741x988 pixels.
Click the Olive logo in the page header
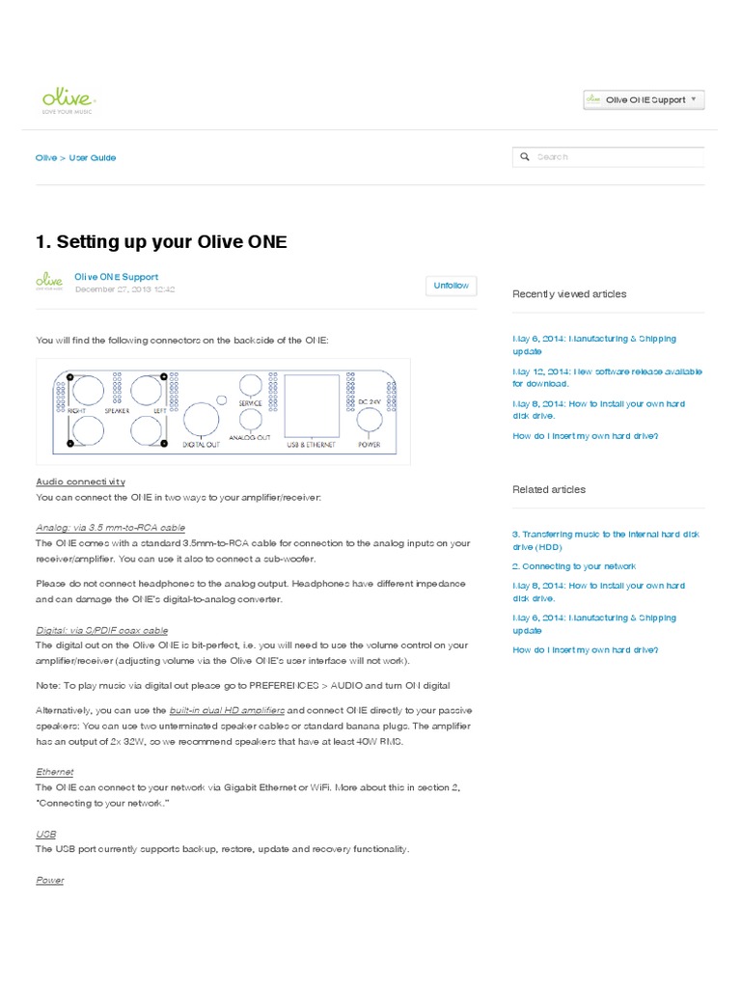67,100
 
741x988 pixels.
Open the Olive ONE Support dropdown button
644,100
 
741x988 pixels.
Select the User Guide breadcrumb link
93,157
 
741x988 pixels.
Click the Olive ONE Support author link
116,277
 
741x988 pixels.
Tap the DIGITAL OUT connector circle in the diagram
201,420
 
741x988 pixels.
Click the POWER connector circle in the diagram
370,421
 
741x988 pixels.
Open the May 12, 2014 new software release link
607,377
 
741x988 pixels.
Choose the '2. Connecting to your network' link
573,566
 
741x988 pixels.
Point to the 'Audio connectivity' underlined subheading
80,481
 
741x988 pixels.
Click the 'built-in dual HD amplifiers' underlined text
227,709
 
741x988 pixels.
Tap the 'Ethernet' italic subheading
54,772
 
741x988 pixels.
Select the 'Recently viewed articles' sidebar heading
569,294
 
